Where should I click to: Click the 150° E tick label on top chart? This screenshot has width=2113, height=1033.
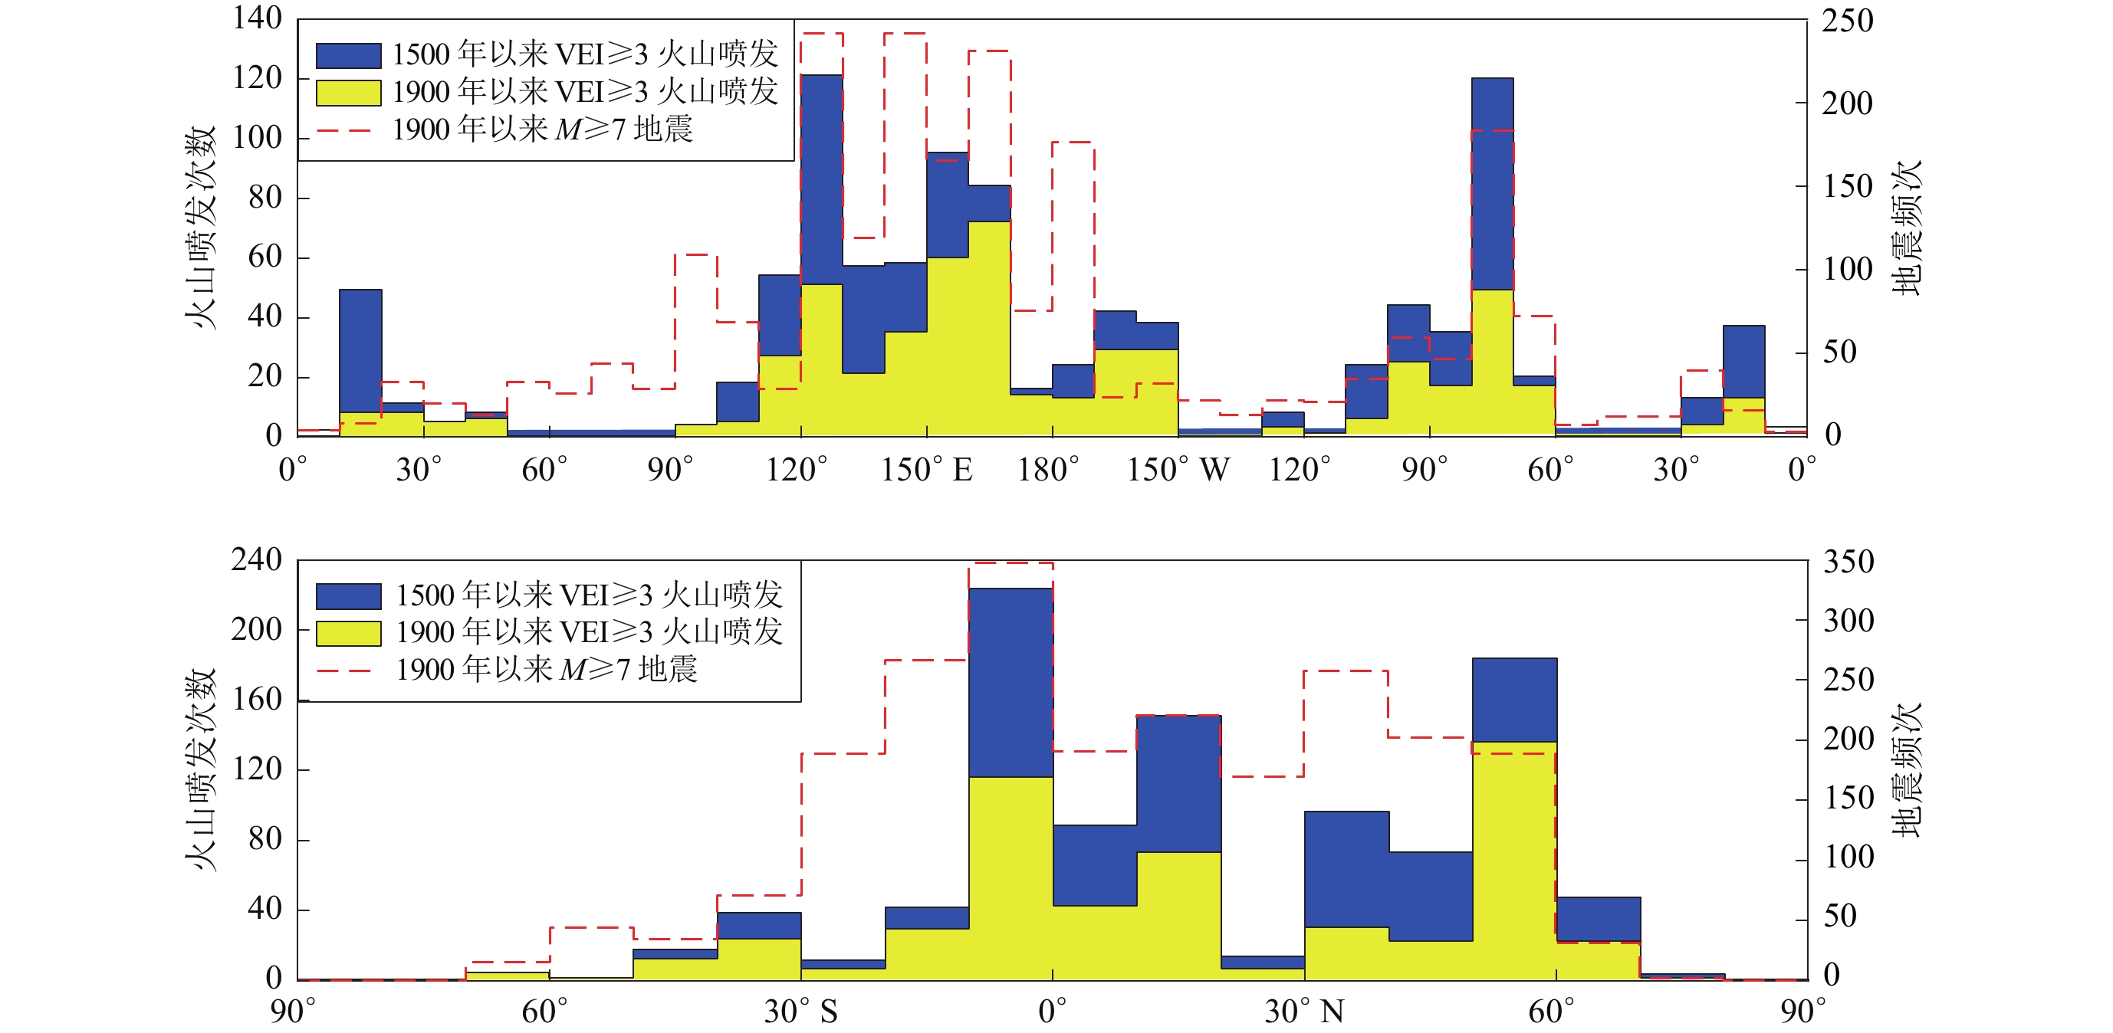click(926, 471)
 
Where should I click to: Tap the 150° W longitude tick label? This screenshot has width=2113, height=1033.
click(1178, 471)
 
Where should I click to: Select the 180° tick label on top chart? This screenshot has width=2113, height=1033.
click(1049, 471)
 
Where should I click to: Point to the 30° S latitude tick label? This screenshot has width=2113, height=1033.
click(801, 1012)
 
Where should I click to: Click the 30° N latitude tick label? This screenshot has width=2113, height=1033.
click(1304, 1012)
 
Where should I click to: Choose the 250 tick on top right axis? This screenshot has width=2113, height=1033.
click(1847, 21)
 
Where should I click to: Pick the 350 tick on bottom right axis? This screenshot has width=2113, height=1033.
click(1848, 562)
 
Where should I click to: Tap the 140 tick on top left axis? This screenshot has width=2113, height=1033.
click(257, 18)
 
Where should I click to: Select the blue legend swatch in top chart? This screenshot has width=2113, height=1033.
click(349, 55)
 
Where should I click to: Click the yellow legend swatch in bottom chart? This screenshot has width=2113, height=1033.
click(349, 633)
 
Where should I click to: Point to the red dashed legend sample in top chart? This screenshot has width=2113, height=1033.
click(344, 130)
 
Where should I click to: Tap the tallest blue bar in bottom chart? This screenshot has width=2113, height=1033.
click(1010, 680)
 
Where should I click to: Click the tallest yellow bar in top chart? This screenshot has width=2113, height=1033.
click(989, 328)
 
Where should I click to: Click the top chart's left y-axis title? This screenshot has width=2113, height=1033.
click(199, 227)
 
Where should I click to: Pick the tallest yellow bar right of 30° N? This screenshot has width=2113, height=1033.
click(1514, 861)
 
